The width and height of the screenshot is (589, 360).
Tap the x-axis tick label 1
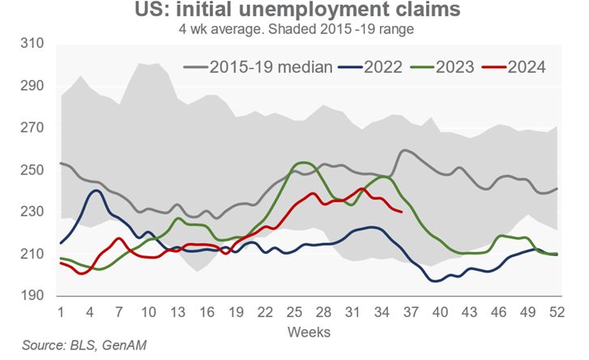[x=62, y=311]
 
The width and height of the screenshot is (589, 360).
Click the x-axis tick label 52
[x=557, y=311]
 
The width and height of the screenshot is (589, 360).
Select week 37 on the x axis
[x=411, y=311]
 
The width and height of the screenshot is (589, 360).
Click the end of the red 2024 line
[x=401, y=212]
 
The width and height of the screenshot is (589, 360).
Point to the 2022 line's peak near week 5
[x=96, y=191]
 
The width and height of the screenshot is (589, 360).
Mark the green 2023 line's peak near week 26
[x=303, y=163]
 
